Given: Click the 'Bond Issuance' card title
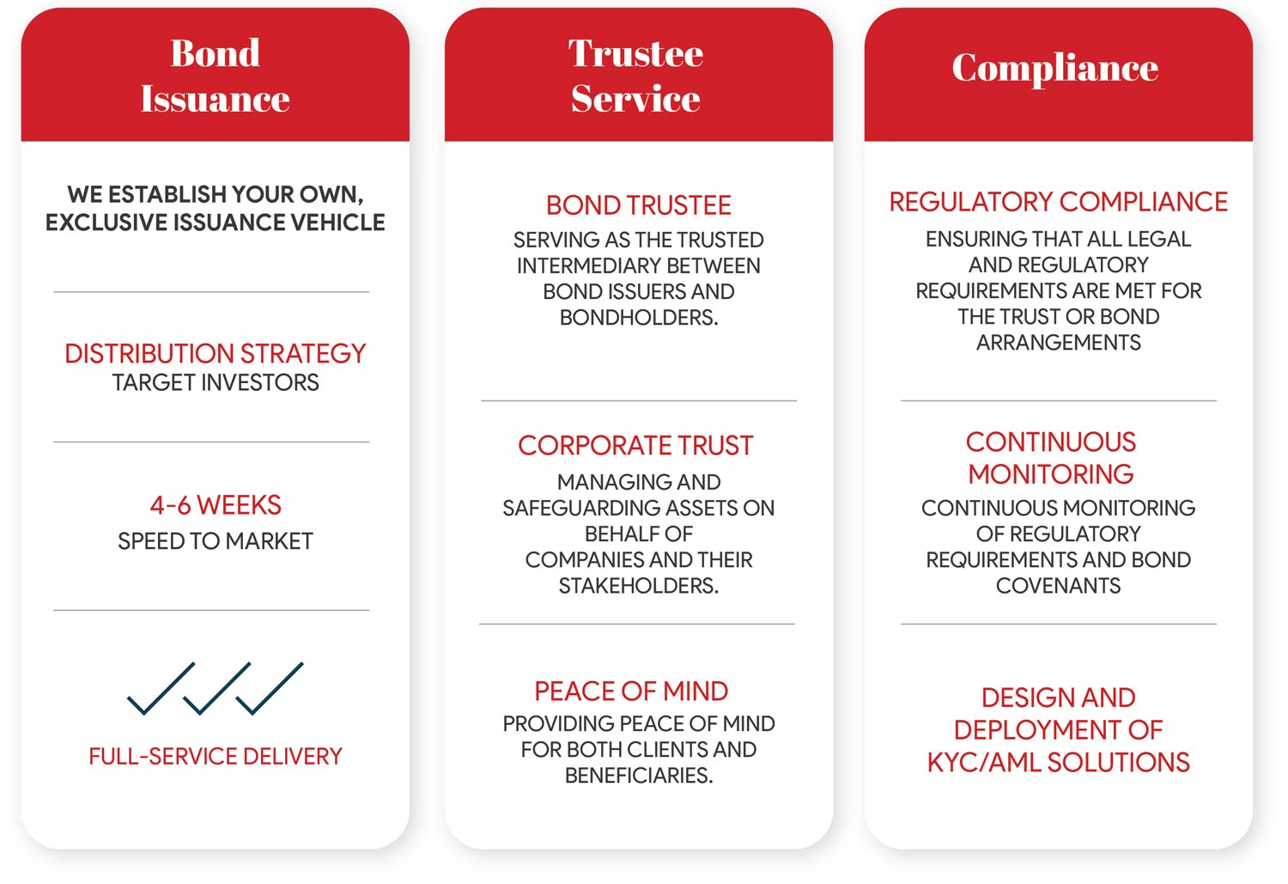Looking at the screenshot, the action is coord(215,76).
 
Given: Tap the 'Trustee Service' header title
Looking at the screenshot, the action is coord(636,76).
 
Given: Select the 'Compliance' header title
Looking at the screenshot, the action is coord(1055,69).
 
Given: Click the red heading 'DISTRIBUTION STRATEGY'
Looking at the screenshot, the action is coord(215,353).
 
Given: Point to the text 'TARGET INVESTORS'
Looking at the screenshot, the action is coord(215,382).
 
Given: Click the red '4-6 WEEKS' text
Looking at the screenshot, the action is coord(216,505).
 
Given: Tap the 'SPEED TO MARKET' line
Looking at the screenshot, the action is coord(215,541).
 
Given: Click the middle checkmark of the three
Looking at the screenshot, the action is coord(216,689).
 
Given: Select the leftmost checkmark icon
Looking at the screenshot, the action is coord(161,689).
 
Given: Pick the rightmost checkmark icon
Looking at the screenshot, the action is coord(269,689).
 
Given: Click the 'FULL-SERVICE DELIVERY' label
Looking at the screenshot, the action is coord(215,756).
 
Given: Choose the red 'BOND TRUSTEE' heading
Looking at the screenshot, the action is coord(638,205).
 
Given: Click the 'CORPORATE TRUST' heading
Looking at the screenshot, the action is coord(635,445).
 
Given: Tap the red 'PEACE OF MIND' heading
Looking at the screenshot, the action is coord(631,691).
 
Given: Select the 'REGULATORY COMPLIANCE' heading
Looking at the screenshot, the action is coord(1058,202).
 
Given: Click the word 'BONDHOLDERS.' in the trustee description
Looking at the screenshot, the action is coord(639,318).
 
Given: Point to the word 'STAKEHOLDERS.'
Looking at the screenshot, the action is coord(639,586).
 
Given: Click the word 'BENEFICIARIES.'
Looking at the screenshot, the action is coord(639,775).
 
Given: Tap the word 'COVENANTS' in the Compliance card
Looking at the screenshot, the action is coord(1058,586).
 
